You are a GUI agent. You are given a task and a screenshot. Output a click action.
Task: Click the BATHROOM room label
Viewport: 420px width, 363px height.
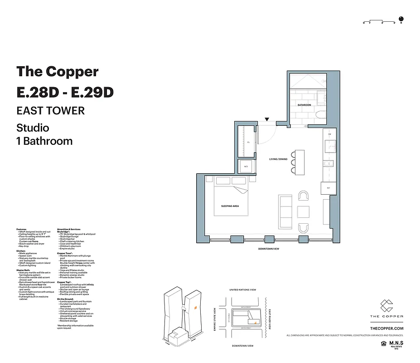pyautogui.click(x=304, y=105)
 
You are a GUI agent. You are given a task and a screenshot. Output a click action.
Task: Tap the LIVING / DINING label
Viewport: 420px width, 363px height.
pyautogui.click(x=279, y=159)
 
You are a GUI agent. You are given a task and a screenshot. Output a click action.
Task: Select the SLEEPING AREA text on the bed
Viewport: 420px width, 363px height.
pyautogui.click(x=230, y=206)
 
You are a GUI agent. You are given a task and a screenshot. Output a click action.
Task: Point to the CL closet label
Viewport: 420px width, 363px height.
pyautogui.click(x=248, y=142)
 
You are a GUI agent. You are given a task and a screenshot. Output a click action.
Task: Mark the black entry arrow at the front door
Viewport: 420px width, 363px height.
pyautogui.click(x=267, y=119)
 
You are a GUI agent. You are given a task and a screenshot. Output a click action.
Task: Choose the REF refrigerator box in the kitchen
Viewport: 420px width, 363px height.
pyautogui.click(x=328, y=188)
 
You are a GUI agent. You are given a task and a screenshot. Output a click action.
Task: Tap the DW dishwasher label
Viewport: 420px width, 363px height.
pyautogui.click(x=329, y=134)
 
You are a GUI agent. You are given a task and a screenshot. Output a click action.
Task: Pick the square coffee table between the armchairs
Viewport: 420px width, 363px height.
pyautogui.click(x=303, y=211)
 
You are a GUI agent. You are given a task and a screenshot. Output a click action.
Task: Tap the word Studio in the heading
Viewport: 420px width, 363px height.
pyautogui.click(x=33, y=128)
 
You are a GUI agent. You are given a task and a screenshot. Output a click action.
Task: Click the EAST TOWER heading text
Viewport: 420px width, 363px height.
pyautogui.click(x=50, y=110)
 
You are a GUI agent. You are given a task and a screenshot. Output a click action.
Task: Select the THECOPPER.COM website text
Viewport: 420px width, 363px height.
pyautogui.click(x=386, y=328)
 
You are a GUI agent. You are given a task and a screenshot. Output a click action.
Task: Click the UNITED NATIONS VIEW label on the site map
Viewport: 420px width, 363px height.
pyautogui.click(x=243, y=289)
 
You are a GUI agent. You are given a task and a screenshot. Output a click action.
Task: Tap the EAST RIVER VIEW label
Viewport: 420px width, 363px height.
pyautogui.click(x=270, y=319)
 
